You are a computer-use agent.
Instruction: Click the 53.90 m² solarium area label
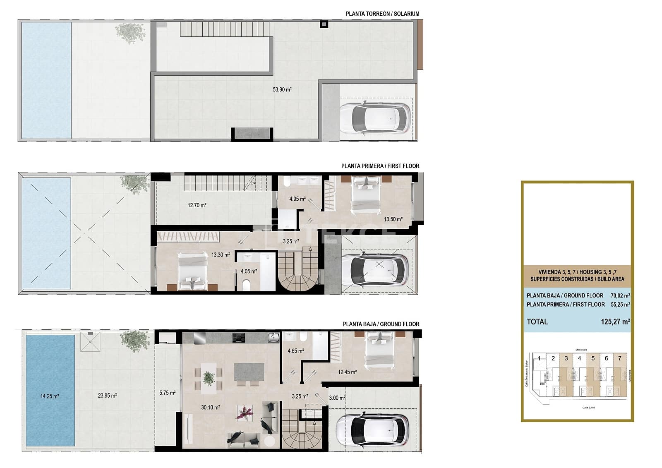pyautogui.click(x=282, y=89)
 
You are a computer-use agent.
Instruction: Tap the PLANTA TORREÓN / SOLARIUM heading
pyautogui.click(x=382, y=14)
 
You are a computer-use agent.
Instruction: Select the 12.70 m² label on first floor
pyautogui.click(x=197, y=205)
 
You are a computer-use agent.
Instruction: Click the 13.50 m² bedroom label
pyautogui.click(x=393, y=220)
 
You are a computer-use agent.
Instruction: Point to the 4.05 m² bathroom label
pyautogui.click(x=249, y=271)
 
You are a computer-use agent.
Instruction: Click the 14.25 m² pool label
pyautogui.click(x=50, y=396)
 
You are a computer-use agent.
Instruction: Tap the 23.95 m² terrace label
pyautogui.click(x=107, y=396)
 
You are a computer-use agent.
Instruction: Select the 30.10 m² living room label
pyautogui.click(x=210, y=408)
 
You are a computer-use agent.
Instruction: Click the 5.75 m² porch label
pyautogui.click(x=167, y=393)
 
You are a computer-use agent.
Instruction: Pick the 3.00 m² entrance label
pyautogui.click(x=337, y=398)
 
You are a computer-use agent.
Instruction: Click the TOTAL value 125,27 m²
pyautogui.click(x=615, y=322)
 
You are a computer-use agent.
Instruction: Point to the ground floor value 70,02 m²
pyautogui.click(x=620, y=295)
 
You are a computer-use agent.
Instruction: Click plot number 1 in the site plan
pyautogui.click(x=539, y=358)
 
